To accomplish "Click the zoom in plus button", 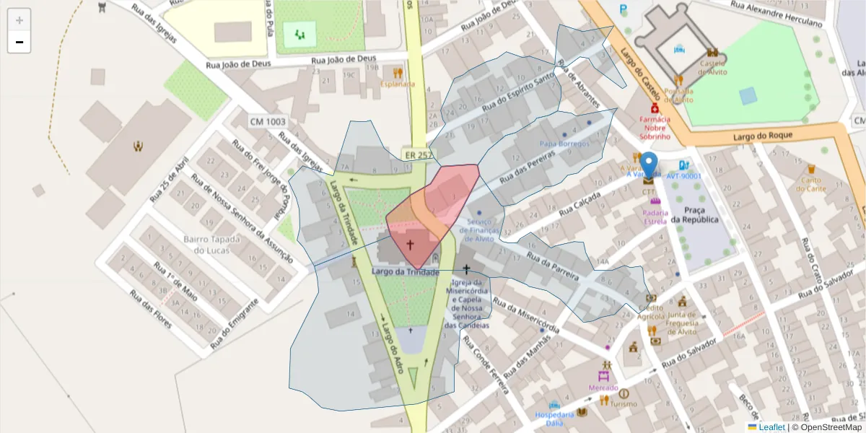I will pyautogui.click(x=19, y=20).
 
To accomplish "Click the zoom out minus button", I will pyautogui.click(x=19, y=42).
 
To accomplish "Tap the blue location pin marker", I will pyautogui.click(x=649, y=165).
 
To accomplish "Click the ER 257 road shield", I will pyautogui.click(x=419, y=154).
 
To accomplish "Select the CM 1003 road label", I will pyautogui.click(x=266, y=122).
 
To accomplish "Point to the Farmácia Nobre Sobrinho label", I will pyautogui.click(x=655, y=127).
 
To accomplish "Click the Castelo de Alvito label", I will pyautogui.click(x=712, y=67).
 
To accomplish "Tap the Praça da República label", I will pyautogui.click(x=694, y=214).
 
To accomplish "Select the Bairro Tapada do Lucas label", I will pyautogui.click(x=206, y=245).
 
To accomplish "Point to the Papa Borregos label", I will pyautogui.click(x=564, y=144).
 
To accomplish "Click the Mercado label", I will pyautogui.click(x=603, y=388).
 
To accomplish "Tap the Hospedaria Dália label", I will pyautogui.click(x=554, y=419).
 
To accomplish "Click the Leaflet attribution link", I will pyautogui.click(x=771, y=427).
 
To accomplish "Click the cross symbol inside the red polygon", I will pyautogui.click(x=410, y=245).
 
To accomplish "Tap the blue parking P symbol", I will pyautogui.click(x=624, y=9).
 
